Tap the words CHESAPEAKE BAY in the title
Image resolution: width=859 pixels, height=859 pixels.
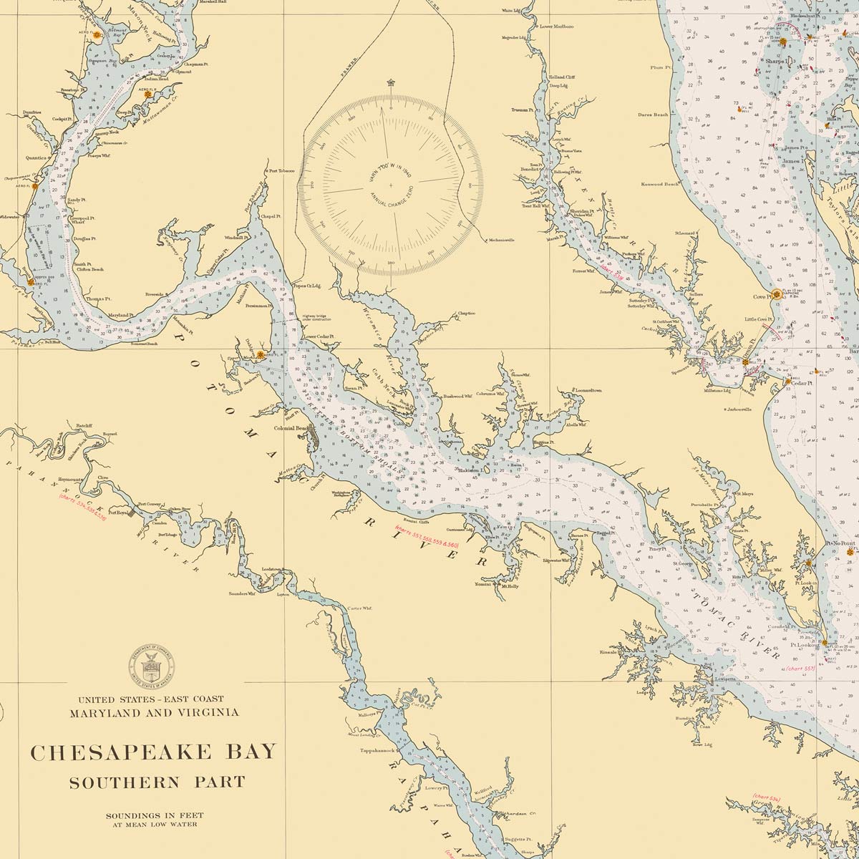click(152, 752)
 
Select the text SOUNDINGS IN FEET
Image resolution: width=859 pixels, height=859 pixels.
click(151, 815)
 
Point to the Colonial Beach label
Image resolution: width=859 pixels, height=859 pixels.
click(294, 428)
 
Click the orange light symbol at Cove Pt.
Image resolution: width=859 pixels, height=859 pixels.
click(777, 293)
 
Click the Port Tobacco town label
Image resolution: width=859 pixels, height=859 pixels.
click(281, 171)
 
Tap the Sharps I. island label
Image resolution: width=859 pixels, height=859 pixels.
click(776, 62)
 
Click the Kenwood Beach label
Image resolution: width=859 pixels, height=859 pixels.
click(661, 184)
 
